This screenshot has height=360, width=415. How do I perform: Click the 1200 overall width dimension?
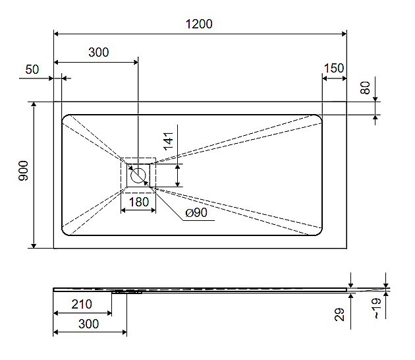pos(199,24)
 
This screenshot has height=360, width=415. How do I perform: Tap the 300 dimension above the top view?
pos(98,53)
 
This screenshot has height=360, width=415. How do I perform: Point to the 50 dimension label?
pos(32,69)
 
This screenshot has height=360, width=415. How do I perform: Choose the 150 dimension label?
pos(334,69)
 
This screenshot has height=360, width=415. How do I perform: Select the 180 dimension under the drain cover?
pos(138,202)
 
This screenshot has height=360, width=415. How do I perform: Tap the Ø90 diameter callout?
pos(196,213)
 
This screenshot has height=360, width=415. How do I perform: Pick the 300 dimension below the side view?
pos(88,324)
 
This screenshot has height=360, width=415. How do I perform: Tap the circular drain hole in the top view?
pos(138,175)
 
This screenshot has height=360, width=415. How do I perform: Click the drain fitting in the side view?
pos(127,291)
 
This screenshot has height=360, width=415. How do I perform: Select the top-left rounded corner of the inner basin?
pos(67,119)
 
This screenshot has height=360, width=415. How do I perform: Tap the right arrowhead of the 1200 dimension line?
pos(343,33)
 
